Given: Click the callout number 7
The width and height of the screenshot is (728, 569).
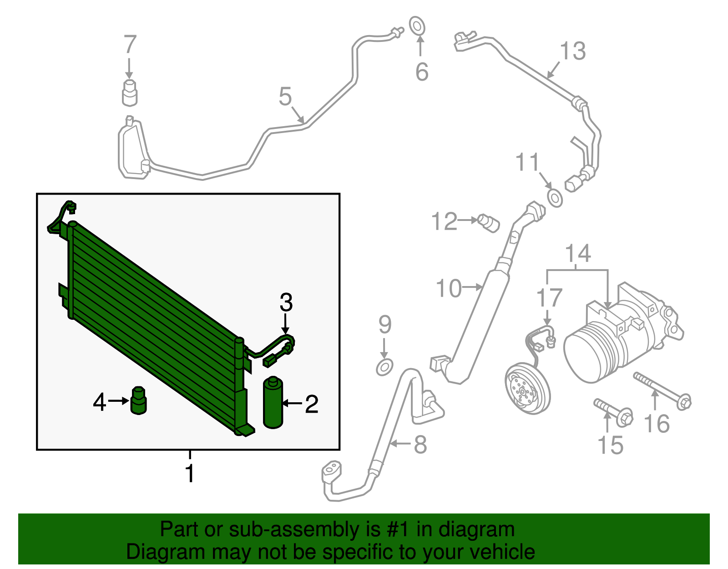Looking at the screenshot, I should pos(130,45).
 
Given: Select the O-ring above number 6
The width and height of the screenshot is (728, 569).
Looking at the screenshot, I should pos(417,26).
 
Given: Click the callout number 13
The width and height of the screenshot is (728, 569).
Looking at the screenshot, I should pos(573,51).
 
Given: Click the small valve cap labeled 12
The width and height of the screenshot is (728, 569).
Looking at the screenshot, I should pos(489,223).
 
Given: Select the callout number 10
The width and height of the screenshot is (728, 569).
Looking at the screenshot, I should pos(448,288).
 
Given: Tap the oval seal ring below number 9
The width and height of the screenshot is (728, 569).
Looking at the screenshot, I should pos(384,367).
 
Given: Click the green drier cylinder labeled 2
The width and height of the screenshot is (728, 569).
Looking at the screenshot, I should pos(273,403).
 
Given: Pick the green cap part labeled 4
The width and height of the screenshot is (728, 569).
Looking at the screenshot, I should pos(138,401).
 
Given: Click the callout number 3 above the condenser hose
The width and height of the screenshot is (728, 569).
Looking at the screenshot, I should pos(286,302).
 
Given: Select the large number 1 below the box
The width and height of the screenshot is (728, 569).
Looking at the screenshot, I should pos(190,473).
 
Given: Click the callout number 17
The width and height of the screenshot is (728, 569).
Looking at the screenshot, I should pos(549,298).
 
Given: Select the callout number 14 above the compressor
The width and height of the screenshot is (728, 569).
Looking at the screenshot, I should pos(578,253).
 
